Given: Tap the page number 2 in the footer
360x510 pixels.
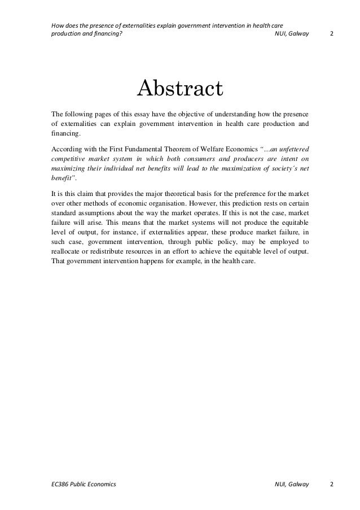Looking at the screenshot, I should tap(331, 485).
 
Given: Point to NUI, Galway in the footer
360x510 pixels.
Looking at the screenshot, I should tap(292, 485).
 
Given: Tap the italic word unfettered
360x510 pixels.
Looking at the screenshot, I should tap(295, 150).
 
